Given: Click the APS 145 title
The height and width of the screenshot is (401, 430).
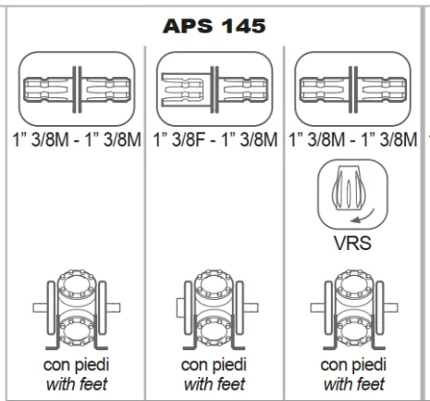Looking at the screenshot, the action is [x=215, y=26].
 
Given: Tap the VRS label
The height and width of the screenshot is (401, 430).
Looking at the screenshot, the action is [x=352, y=243].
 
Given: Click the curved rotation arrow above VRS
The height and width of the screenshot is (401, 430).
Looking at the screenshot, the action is [x=362, y=217].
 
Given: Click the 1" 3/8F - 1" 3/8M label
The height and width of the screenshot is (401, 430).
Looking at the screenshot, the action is [x=215, y=139].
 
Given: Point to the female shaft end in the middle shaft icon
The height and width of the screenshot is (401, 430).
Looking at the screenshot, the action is [x=182, y=90].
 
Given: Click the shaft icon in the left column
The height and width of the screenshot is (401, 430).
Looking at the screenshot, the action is [x=77, y=89].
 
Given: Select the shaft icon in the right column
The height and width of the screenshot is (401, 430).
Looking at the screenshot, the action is [x=353, y=89].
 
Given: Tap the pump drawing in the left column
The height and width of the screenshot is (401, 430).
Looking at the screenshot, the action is [x=77, y=309].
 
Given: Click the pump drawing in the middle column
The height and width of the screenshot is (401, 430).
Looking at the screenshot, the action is [x=217, y=309].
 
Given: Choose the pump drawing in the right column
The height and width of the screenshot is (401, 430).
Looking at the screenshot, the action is [x=354, y=309].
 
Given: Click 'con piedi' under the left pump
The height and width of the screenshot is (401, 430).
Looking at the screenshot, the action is [x=77, y=365].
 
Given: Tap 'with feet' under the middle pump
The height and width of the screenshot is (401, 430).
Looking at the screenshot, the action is [x=215, y=384].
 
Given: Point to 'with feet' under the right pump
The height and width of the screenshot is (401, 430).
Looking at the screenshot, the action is [x=354, y=384].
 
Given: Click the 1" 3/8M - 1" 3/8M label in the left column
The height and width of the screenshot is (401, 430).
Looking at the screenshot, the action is [x=77, y=139].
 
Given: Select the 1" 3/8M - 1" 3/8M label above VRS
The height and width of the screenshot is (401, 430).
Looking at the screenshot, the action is [x=353, y=139].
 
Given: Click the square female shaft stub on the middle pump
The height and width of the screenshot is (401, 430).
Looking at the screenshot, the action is [x=180, y=307].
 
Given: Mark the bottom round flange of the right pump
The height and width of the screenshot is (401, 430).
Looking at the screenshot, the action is [x=354, y=332].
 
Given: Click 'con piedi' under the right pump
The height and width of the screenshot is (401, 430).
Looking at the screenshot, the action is [x=353, y=365].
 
